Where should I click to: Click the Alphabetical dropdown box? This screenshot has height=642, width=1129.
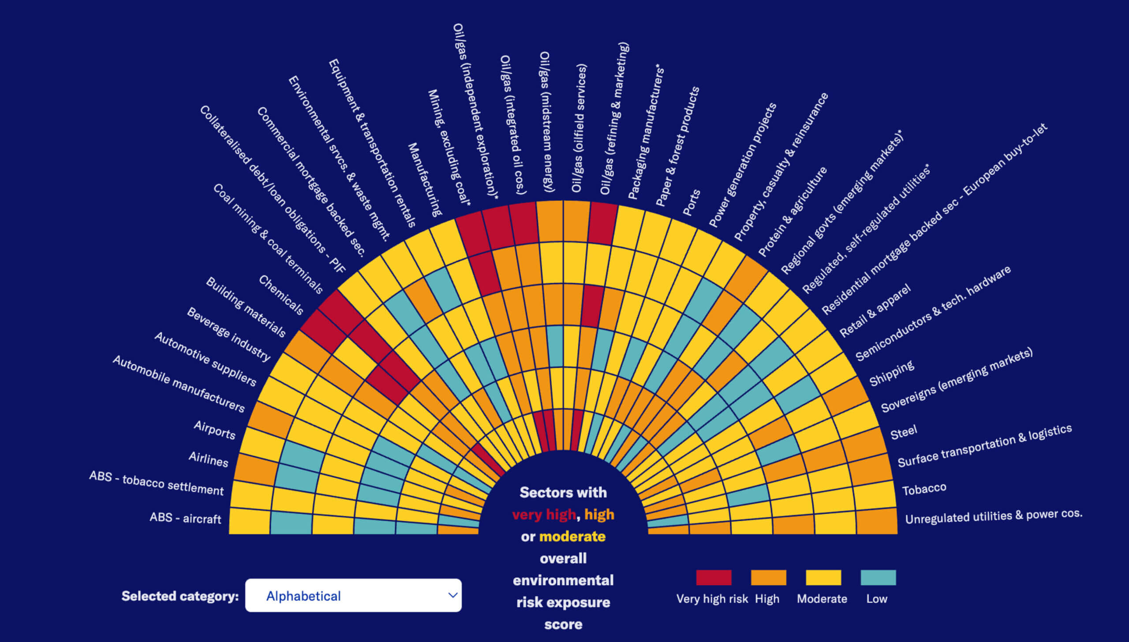(353, 595)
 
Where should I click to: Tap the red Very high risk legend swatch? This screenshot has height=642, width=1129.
(714, 577)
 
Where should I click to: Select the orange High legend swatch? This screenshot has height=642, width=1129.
(768, 577)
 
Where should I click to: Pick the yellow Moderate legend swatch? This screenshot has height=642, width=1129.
(823, 577)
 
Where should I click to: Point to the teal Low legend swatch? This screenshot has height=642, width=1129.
(878, 577)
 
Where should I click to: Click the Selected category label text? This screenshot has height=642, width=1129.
(180, 596)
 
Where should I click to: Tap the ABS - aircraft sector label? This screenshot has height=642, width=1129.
(185, 518)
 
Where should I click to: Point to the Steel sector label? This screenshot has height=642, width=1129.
(904, 432)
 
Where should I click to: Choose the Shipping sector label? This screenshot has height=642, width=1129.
(891, 373)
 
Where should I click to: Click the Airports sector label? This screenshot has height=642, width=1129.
(215, 430)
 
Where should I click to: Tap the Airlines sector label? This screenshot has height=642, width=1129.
(209, 459)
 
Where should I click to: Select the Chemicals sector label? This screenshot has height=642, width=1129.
(281, 295)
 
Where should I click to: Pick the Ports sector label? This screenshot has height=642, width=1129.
(691, 203)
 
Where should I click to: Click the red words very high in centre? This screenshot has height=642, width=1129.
(544, 514)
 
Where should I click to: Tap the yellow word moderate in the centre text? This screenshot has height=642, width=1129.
(572, 537)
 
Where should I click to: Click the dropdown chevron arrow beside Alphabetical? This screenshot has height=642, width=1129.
(452, 595)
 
